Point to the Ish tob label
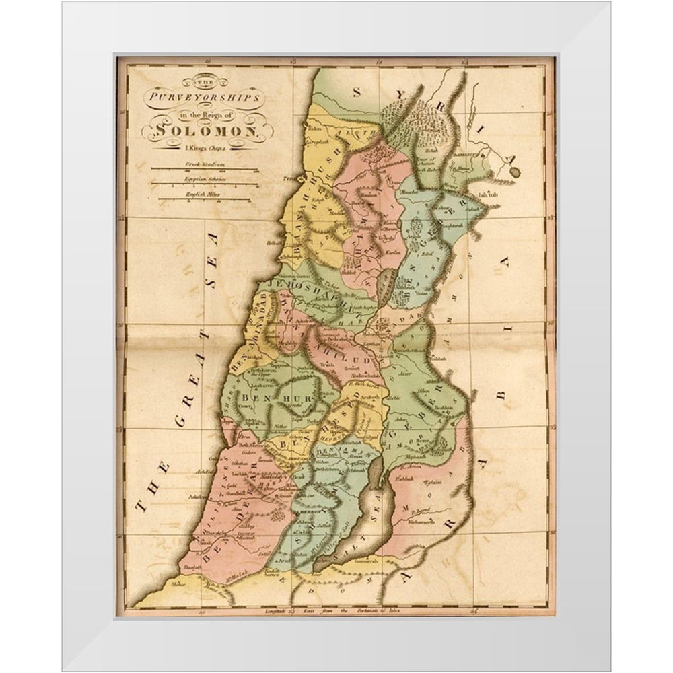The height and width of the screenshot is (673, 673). [x=487, y=195]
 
